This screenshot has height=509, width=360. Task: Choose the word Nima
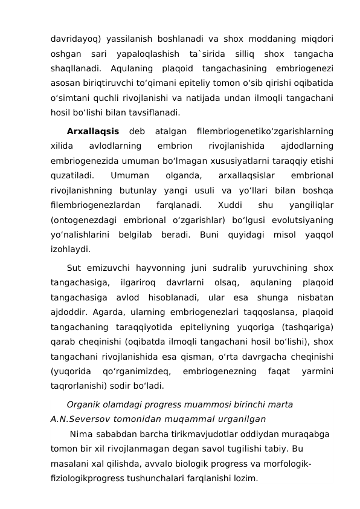coord(81,435)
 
